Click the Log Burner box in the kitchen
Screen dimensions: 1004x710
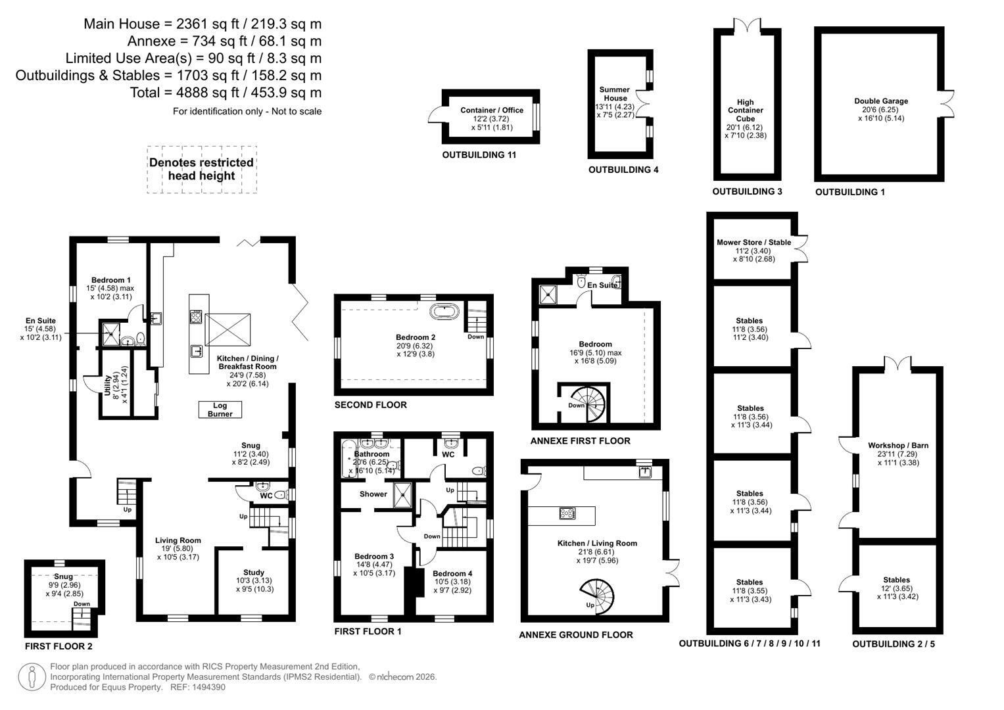point(220,410)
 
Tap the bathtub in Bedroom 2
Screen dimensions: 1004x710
point(444,312)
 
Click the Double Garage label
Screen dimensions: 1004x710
point(881,101)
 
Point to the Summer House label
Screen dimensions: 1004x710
point(615,93)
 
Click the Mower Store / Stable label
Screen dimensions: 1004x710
point(754,242)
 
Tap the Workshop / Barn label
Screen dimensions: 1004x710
point(898,445)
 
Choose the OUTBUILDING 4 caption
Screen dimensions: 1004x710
point(623,170)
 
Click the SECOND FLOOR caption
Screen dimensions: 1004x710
point(371,405)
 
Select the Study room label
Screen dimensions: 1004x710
point(254,573)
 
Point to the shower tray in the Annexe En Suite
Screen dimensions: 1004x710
point(548,295)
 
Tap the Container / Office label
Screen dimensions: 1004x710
point(492,110)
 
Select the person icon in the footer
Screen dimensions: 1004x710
point(32,677)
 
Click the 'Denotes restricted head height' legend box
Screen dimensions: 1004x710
point(202,170)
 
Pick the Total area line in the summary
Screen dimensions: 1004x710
point(226,93)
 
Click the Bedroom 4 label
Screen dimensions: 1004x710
point(452,573)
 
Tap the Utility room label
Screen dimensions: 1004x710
point(108,385)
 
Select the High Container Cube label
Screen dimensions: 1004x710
point(746,110)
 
